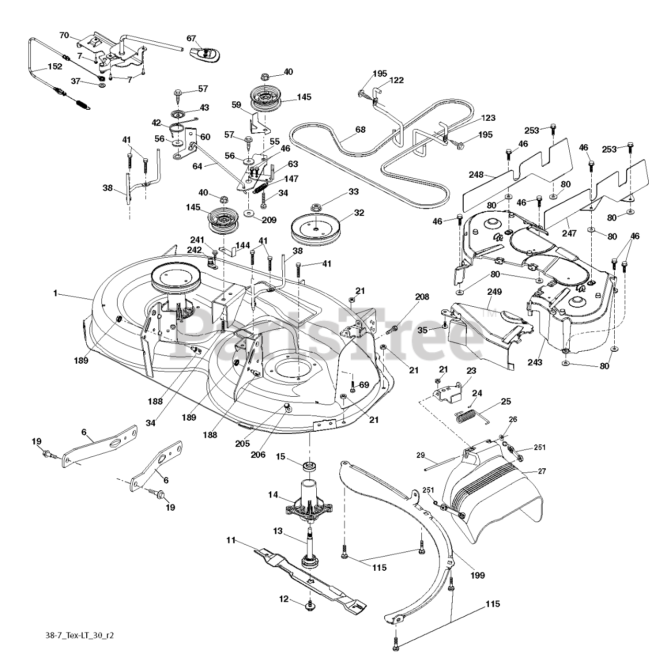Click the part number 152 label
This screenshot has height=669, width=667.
point(54,66)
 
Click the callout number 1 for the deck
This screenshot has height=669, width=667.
point(55,294)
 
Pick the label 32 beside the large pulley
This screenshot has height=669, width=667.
point(359,213)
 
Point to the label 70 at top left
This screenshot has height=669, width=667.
point(64,36)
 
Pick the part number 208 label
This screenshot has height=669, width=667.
point(422,297)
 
